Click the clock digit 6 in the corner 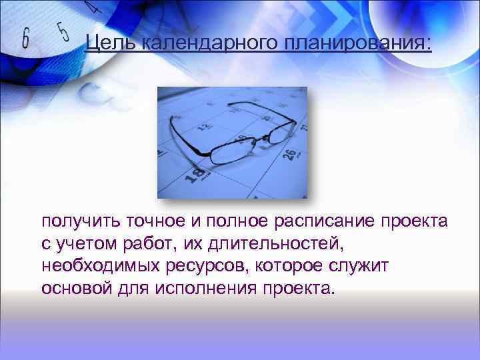pos(26,39)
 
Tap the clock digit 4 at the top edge pos(94,7)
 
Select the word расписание pos(323,221)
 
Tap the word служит pos(353,267)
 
